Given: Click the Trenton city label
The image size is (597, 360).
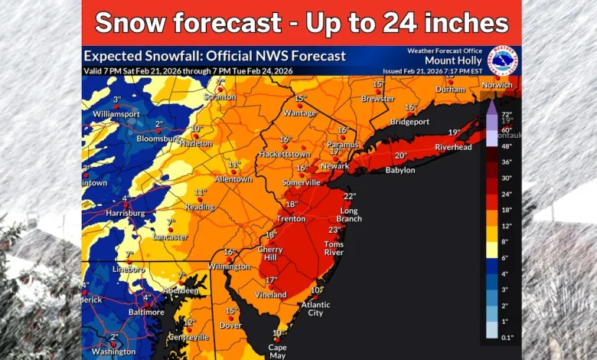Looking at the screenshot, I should [x=291, y=218].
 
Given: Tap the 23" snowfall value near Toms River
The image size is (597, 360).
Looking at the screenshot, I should [x=334, y=230].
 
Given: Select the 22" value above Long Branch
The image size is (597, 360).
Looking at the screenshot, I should [x=350, y=196].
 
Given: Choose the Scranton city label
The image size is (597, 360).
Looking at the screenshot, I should [x=220, y=97].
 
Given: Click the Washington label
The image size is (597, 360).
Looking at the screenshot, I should [x=113, y=352].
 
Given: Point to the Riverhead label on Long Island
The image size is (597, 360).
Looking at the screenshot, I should [x=453, y=146].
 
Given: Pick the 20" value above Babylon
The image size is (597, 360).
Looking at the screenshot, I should [x=401, y=155].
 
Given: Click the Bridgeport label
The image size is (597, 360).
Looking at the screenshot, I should [x=409, y=122].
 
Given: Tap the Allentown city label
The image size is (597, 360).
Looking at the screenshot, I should [x=233, y=179].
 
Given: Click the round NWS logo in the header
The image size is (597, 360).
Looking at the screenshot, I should [x=503, y=61].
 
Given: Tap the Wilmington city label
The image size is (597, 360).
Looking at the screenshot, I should [x=229, y=267].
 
